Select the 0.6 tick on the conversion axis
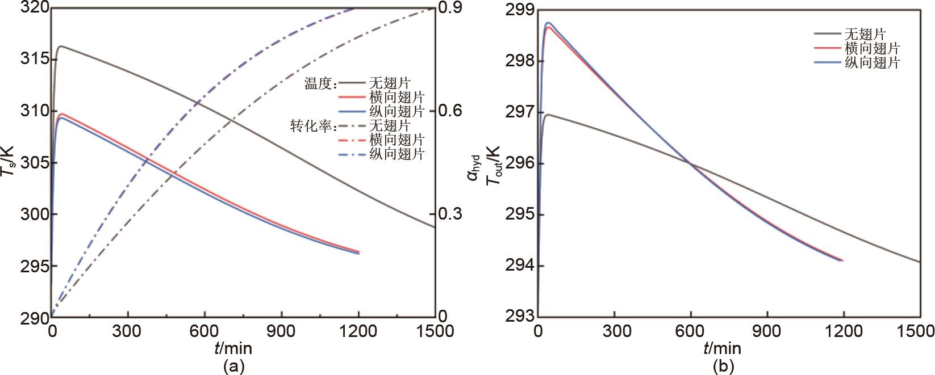(x=449, y=111)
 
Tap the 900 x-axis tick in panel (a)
(x=282, y=330)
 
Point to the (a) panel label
(x=233, y=366)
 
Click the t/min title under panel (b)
(x=722, y=347)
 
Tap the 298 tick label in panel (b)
(x=517, y=61)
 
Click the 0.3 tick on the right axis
(x=449, y=214)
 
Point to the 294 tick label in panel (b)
(x=517, y=266)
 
